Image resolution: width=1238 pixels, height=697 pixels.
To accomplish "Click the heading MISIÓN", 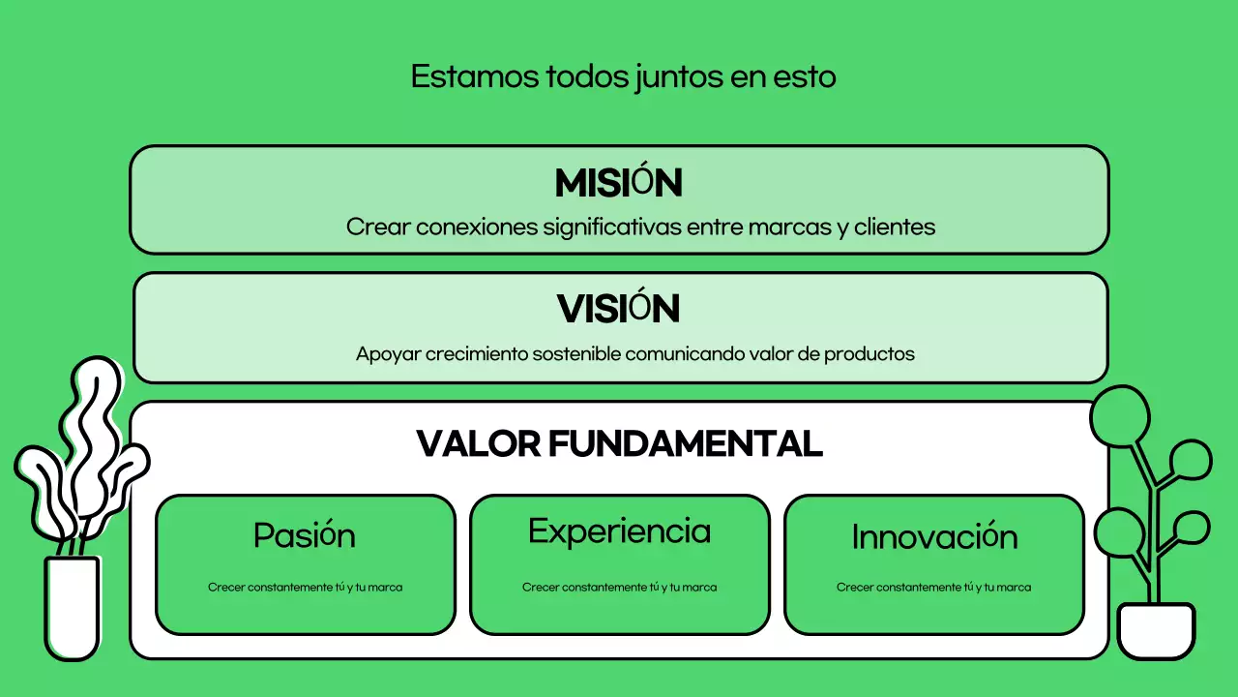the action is tap(619, 183).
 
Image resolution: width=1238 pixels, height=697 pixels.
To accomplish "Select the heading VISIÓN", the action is tap(619, 309).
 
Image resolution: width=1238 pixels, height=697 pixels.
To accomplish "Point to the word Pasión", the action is tap(305, 535).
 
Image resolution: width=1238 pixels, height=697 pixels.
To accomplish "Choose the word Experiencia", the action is tap(619, 531).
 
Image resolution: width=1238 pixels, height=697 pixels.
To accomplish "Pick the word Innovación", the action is tap(934, 537).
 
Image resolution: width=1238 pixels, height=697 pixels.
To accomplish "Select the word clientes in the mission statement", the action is tap(895, 227).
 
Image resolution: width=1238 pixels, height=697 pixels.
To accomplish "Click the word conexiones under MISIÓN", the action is tap(476, 227).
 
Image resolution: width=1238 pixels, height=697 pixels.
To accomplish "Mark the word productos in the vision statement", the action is tap(870, 354).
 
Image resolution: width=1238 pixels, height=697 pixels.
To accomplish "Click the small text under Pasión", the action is tap(305, 588).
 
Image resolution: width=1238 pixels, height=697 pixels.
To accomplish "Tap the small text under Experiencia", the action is tap(619, 588).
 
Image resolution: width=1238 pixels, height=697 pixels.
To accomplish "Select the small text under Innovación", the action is tap(933, 588).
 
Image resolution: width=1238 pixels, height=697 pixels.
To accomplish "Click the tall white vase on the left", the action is tap(72, 608).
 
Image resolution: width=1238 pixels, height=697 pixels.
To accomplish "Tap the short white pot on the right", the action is tap(1156, 631).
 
